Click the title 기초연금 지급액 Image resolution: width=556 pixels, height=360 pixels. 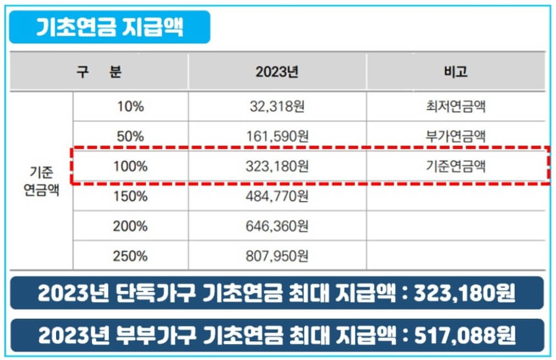pyautogui.click(x=109, y=27)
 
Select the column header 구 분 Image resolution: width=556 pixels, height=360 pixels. pyautogui.click(x=99, y=72)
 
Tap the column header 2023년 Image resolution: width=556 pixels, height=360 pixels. pyautogui.click(x=277, y=72)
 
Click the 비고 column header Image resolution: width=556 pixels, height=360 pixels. pyautogui.click(x=455, y=72)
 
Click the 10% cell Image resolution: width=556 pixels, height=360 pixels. pyautogui.click(x=130, y=107)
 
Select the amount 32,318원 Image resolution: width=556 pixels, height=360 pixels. pyautogui.click(x=277, y=107)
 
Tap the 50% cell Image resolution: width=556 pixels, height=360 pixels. pyautogui.click(x=130, y=136)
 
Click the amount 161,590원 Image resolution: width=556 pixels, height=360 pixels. pyautogui.click(x=277, y=136)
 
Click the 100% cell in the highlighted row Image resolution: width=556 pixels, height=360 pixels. pyautogui.click(x=130, y=166)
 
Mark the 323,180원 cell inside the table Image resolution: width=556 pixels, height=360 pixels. pyautogui.click(x=277, y=166)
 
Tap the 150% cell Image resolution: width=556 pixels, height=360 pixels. pyautogui.click(x=130, y=196)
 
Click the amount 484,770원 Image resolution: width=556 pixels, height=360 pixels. pyautogui.click(x=277, y=196)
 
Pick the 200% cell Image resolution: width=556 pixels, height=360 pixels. pyautogui.click(x=130, y=226)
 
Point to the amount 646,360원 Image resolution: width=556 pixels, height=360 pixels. pyautogui.click(x=277, y=226)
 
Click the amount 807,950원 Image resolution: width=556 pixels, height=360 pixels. pyautogui.click(x=277, y=256)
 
